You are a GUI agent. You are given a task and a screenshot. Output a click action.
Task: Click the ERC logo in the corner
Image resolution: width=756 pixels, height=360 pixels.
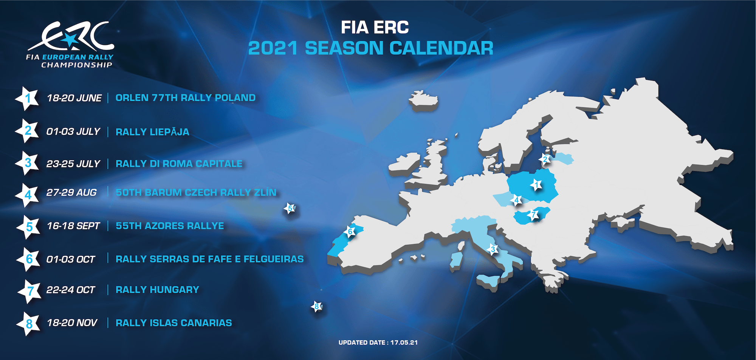(x=70, y=45)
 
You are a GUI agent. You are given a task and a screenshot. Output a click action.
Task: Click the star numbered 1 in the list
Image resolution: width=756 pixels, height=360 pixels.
(x=28, y=98)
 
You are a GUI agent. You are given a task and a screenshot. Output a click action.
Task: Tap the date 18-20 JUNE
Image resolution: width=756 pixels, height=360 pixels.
(x=74, y=98)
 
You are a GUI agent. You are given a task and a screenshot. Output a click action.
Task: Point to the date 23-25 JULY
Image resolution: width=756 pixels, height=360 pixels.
(x=73, y=164)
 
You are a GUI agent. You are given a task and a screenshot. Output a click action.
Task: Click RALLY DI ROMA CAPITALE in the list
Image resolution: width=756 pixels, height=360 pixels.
(x=179, y=164)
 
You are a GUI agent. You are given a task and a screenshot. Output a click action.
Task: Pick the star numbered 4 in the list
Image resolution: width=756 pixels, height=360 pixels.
(x=28, y=195)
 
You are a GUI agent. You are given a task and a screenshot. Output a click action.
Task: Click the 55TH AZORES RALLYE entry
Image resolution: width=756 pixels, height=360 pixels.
(x=170, y=226)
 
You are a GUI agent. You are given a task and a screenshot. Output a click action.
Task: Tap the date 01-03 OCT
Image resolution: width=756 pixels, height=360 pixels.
(x=71, y=260)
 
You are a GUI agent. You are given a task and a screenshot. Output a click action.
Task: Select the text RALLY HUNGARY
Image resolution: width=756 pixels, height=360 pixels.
(x=157, y=290)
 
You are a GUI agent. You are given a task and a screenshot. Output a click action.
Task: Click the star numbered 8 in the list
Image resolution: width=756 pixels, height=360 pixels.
(x=29, y=324)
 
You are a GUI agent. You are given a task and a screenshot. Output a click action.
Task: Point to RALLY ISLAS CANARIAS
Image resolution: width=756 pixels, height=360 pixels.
(x=174, y=323)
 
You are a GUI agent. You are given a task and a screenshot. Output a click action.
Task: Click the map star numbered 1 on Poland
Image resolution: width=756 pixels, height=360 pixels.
(x=536, y=185)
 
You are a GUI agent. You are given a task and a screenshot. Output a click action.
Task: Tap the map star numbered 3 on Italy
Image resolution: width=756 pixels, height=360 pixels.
(x=492, y=249)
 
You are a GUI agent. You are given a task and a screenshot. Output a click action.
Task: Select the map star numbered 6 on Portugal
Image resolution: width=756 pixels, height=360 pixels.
(x=350, y=231)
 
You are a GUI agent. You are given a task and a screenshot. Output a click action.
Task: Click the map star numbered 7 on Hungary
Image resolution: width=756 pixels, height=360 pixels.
(x=533, y=215)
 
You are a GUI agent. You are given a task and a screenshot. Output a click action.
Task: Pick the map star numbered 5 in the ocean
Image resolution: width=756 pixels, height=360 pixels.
(x=290, y=208)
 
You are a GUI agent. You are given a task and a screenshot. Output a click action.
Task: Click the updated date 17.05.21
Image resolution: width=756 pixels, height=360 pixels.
(x=404, y=343)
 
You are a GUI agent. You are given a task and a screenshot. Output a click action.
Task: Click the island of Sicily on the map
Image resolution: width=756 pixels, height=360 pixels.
(x=488, y=281)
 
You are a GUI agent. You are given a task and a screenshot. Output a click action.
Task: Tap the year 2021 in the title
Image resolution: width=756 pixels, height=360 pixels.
(x=273, y=48)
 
